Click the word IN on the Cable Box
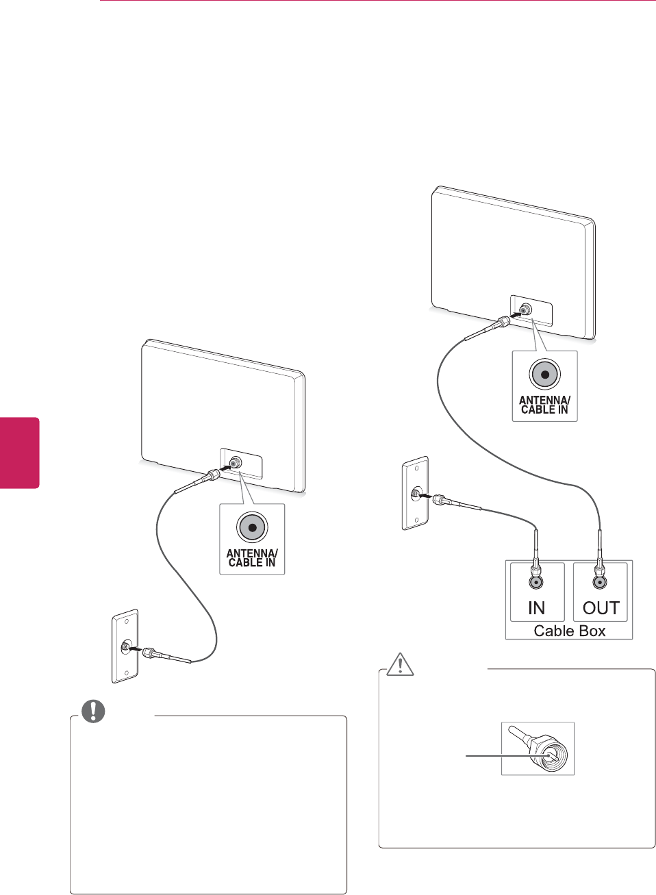[x=536, y=608]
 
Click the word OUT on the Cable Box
[x=601, y=608]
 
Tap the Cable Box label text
[x=569, y=631]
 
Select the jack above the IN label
[x=536, y=582]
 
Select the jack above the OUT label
[x=600, y=582]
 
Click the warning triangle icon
[x=400, y=664]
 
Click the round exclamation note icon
[x=93, y=711]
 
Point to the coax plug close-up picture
[x=538, y=748]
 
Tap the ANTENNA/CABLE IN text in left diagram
[x=252, y=558]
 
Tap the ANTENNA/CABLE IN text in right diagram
[x=544, y=405]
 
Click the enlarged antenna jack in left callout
[x=252, y=527]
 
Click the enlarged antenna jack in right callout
[x=544, y=374]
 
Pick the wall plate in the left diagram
[x=125, y=646]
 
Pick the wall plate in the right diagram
[x=414, y=493]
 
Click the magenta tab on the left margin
[x=19, y=453]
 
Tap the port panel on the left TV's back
[x=241, y=464]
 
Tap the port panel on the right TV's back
[x=531, y=310]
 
